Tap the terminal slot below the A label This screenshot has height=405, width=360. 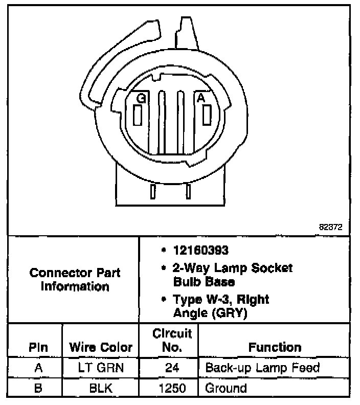(207, 114)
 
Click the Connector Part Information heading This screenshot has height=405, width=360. (75, 279)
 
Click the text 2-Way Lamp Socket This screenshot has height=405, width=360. (231, 267)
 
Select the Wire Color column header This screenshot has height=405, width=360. (101, 348)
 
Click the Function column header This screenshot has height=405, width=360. (275, 348)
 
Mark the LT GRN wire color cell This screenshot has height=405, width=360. (101, 368)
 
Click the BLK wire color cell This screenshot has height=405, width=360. (101, 388)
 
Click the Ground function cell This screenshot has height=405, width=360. (226, 388)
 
